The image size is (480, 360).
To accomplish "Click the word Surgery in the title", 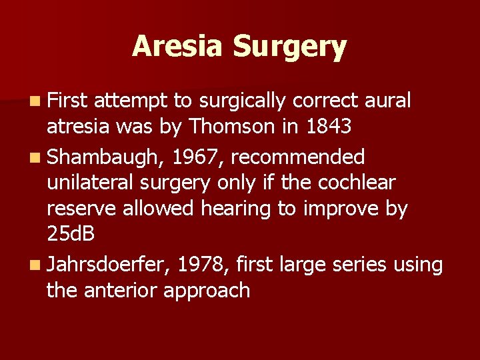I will (289, 47).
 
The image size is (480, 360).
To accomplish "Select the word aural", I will (389, 101).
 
